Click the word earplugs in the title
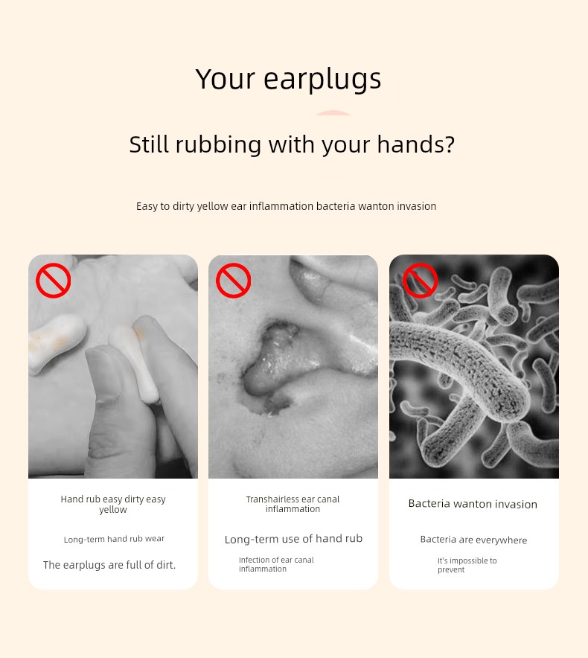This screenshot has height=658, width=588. (x=322, y=80)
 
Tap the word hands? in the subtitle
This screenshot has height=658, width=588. (x=415, y=145)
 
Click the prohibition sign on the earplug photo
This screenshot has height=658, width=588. (x=54, y=281)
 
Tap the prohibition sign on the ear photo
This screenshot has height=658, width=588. (x=234, y=281)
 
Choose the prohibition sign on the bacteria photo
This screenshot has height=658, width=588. (x=420, y=281)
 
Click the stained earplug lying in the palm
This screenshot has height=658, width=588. (x=57, y=343)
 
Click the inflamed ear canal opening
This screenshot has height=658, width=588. (x=273, y=361)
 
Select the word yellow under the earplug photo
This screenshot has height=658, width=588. (x=113, y=510)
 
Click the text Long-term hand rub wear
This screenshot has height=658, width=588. (x=114, y=539)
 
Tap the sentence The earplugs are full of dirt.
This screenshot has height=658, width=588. (x=109, y=565)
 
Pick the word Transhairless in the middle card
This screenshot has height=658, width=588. (x=272, y=499)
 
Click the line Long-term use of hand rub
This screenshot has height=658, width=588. (x=293, y=539)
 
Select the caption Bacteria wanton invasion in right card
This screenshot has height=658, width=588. (x=473, y=504)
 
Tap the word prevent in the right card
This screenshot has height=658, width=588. (x=451, y=570)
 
